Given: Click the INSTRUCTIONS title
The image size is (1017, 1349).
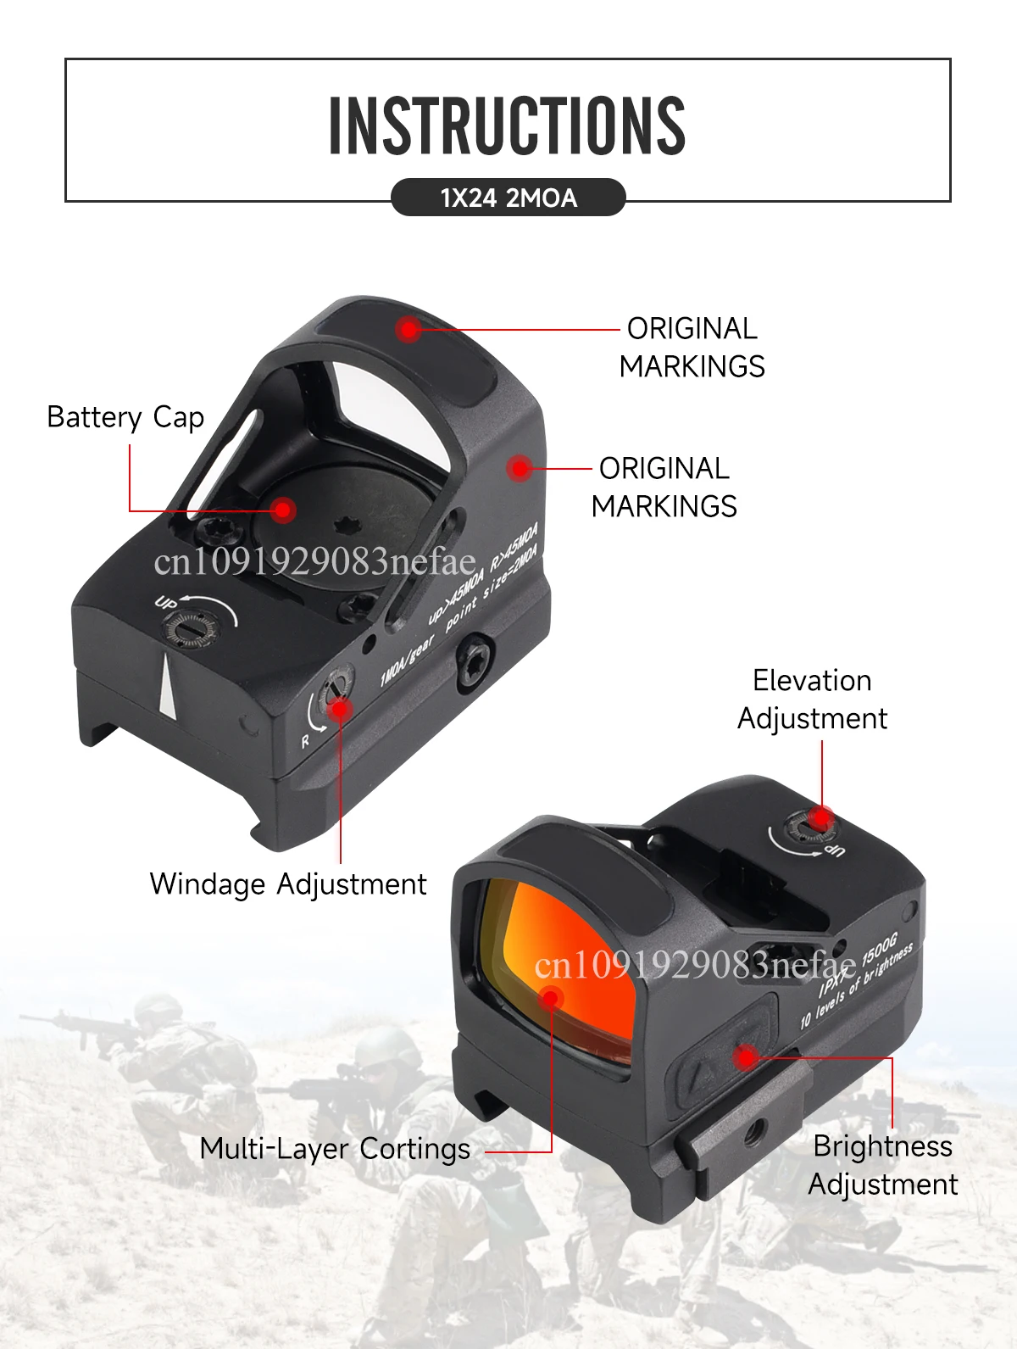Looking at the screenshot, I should click(x=507, y=125).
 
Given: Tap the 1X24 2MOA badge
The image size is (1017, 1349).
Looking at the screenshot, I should click(x=508, y=198).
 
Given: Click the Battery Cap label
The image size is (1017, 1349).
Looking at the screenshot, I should click(x=125, y=417).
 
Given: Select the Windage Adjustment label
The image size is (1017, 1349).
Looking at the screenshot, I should click(x=288, y=884).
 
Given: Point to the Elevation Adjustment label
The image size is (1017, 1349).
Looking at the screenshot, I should click(x=812, y=700).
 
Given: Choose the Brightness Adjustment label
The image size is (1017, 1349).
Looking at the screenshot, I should click(x=883, y=1165).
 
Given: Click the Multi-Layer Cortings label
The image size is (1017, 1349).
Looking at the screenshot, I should click(x=335, y=1149).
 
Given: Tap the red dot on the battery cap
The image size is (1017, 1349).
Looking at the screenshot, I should click(x=283, y=510).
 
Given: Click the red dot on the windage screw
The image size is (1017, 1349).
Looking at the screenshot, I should click(x=340, y=708).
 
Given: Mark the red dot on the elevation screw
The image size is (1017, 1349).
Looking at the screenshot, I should click(x=820, y=818).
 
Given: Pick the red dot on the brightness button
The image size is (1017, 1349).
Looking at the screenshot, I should click(x=746, y=1056).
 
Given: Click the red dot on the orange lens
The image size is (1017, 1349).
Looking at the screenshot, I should click(x=551, y=999).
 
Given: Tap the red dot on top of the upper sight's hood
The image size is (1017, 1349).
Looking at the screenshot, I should click(x=409, y=329).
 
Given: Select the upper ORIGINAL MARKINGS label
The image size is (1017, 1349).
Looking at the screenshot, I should click(x=692, y=348).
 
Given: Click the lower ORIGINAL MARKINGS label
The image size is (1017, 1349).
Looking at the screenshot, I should click(x=664, y=488).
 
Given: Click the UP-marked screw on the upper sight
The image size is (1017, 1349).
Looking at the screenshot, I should click(x=188, y=629).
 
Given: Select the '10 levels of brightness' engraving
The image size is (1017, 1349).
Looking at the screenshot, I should click(x=856, y=987).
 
